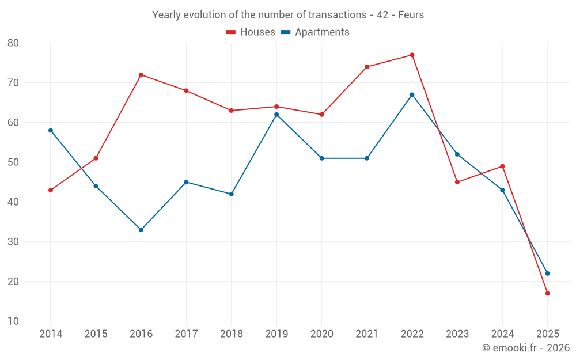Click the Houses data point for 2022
tap(412, 55)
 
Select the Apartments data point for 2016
tap(141, 230)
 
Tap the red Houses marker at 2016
tap(141, 75)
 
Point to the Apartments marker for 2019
tap(276, 115)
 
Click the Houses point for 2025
tap(547, 294)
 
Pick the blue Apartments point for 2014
tap(51, 131)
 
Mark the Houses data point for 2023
tap(457, 182)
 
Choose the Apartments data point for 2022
tap(412, 95)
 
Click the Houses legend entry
tap(251, 32)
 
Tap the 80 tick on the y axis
tap(13, 43)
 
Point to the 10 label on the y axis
tap(13, 321)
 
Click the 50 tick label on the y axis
tap(13, 162)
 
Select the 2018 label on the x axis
tap(231, 334)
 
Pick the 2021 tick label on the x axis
tap(367, 334)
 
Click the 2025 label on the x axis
tap(547, 334)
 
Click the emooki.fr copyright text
tap(525, 348)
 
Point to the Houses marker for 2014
tap(51, 190)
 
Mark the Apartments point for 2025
tap(547, 274)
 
